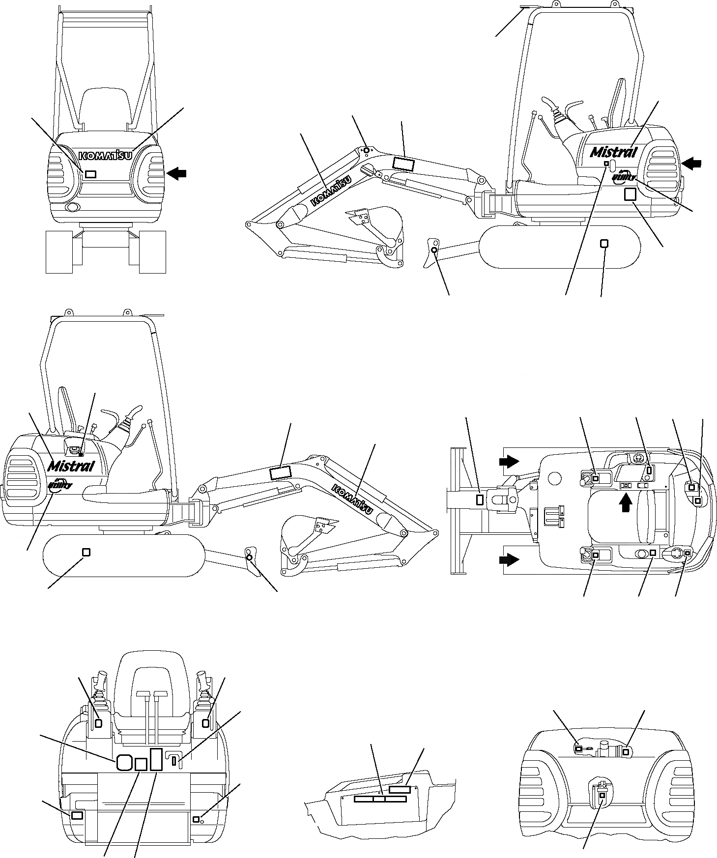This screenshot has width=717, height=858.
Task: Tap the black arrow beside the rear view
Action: click(x=177, y=172)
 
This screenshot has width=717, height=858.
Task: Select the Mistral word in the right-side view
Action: click(x=613, y=151)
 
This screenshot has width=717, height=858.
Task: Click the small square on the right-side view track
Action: click(x=604, y=243)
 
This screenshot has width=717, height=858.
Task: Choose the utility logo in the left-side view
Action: click(x=60, y=485)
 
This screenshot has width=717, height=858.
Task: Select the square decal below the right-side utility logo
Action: click(x=630, y=194)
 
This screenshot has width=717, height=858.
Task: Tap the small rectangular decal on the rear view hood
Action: click(x=90, y=174)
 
